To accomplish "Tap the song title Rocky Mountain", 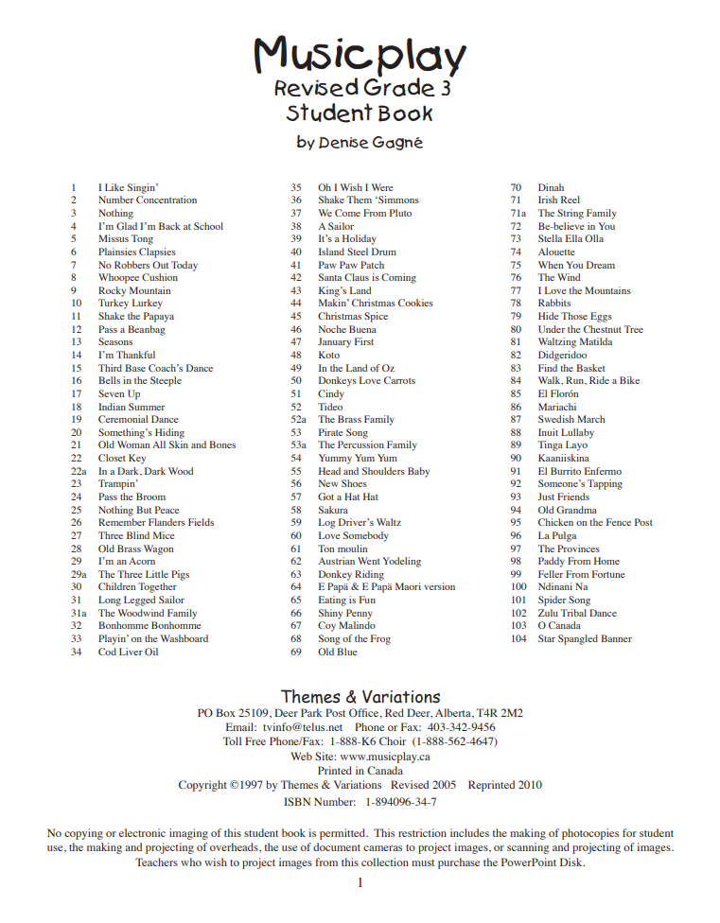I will tap(134, 291).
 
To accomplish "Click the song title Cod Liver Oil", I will tap(128, 652).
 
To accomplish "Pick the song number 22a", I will tap(79, 471).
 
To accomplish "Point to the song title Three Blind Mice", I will tap(136, 535).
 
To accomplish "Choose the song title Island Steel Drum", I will tap(357, 253).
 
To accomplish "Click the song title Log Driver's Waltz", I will tap(360, 522).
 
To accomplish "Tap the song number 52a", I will tap(298, 419).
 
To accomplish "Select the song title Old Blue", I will tap(338, 652).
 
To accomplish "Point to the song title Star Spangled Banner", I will tap(585, 638).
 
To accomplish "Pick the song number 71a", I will tap(518, 214).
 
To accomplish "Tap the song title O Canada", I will tap(559, 626).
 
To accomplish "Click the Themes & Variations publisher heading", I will tap(360, 697).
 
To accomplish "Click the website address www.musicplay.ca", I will tap(385, 757).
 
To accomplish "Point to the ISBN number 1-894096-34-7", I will tap(401, 802).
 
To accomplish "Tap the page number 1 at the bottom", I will tap(360, 882).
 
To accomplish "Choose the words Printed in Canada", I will tap(360, 771).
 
